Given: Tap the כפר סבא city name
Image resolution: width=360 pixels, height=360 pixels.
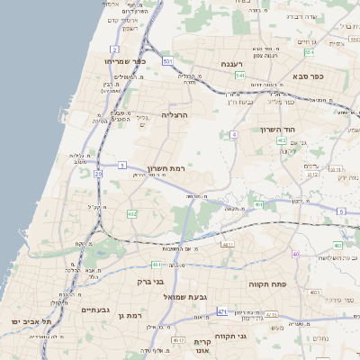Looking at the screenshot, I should [308, 76].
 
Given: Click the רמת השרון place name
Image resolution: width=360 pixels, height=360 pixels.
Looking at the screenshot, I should [164, 167].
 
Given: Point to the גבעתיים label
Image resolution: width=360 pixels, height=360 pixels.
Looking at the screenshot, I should [94, 310].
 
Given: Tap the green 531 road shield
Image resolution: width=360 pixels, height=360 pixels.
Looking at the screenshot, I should [168, 60].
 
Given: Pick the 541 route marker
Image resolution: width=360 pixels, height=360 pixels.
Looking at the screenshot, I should [240, 76].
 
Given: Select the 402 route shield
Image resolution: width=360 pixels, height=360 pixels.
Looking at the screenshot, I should [282, 140].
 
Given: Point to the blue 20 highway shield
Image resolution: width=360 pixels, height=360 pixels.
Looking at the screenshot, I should [97, 173].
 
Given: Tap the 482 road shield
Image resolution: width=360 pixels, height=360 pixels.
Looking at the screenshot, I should [131, 214].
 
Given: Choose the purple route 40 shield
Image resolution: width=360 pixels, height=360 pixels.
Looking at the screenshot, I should [296, 255].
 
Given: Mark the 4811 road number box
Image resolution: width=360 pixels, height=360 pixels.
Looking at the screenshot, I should [227, 244].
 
